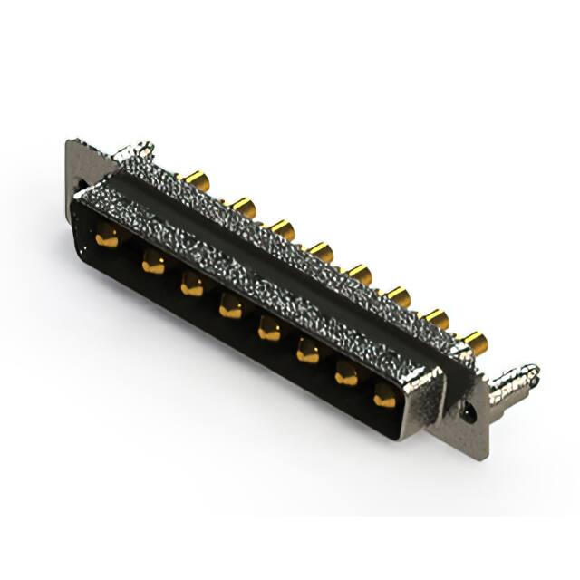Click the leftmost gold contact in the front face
tap(107, 239)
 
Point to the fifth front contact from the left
tap(269, 330)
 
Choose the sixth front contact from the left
tap(308, 352)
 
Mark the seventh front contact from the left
tap(346, 374)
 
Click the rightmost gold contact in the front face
tap(384, 395)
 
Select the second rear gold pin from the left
tap(242, 207)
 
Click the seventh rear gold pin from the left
tap(437, 318)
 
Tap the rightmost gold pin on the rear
tap(475, 342)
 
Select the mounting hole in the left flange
tap(79, 188)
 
